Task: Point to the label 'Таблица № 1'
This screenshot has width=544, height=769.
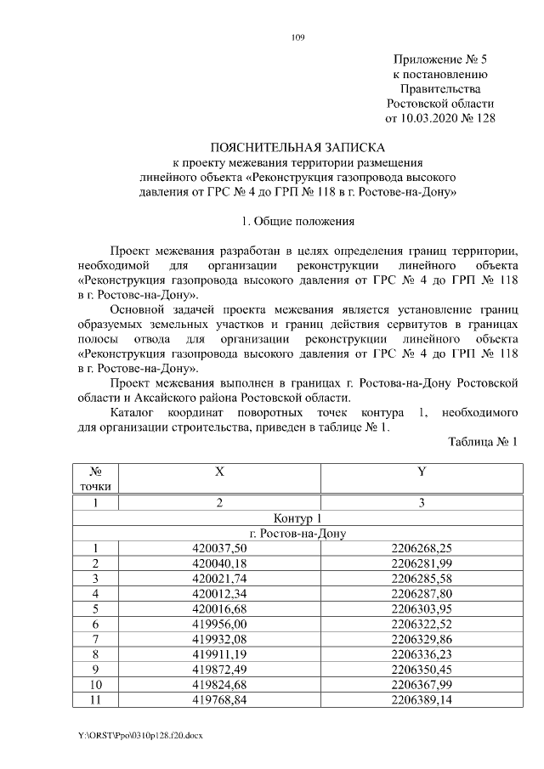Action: click(x=482, y=440)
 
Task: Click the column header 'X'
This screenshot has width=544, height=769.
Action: click(x=219, y=472)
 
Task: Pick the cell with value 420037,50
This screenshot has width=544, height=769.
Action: click(x=219, y=548)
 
